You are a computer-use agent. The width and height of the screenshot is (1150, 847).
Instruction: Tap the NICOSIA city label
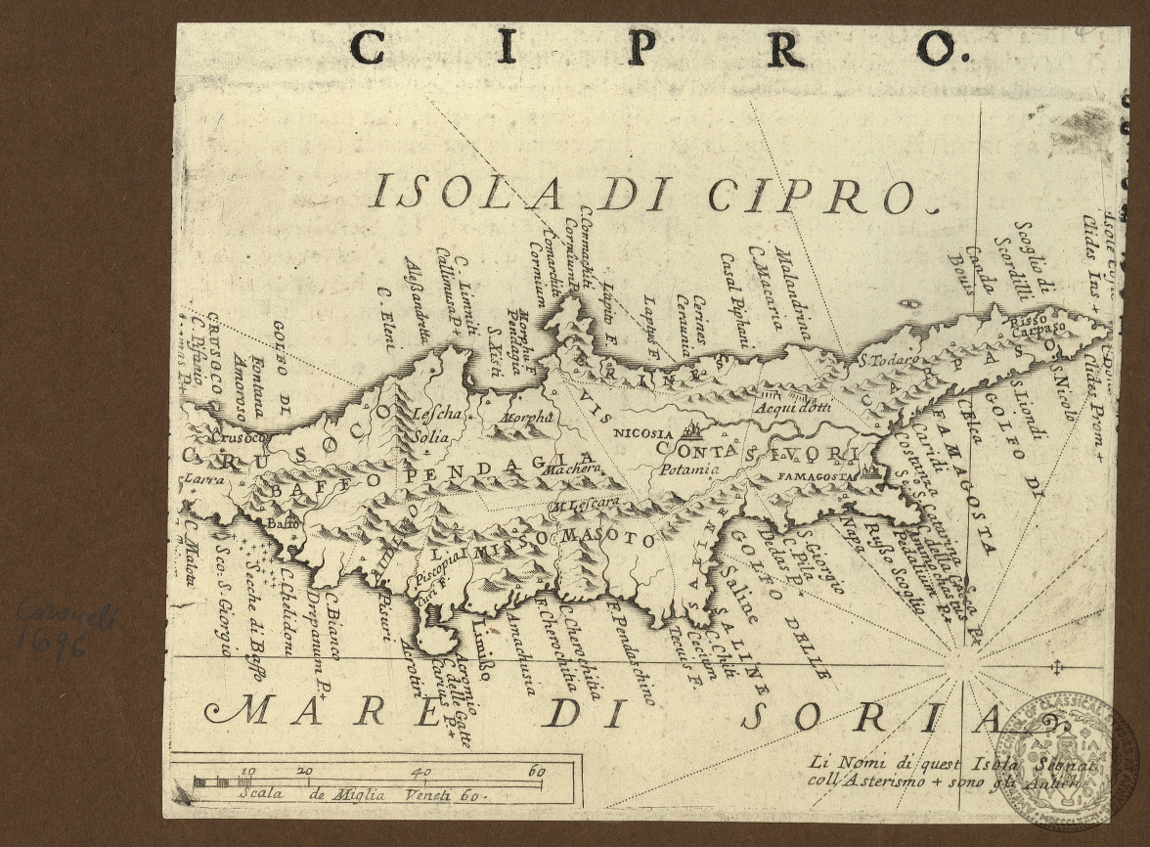tap(643, 433)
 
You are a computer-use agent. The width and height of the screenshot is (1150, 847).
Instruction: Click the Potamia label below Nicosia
tap(688, 468)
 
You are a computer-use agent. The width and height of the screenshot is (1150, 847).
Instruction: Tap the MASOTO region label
tap(606, 539)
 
